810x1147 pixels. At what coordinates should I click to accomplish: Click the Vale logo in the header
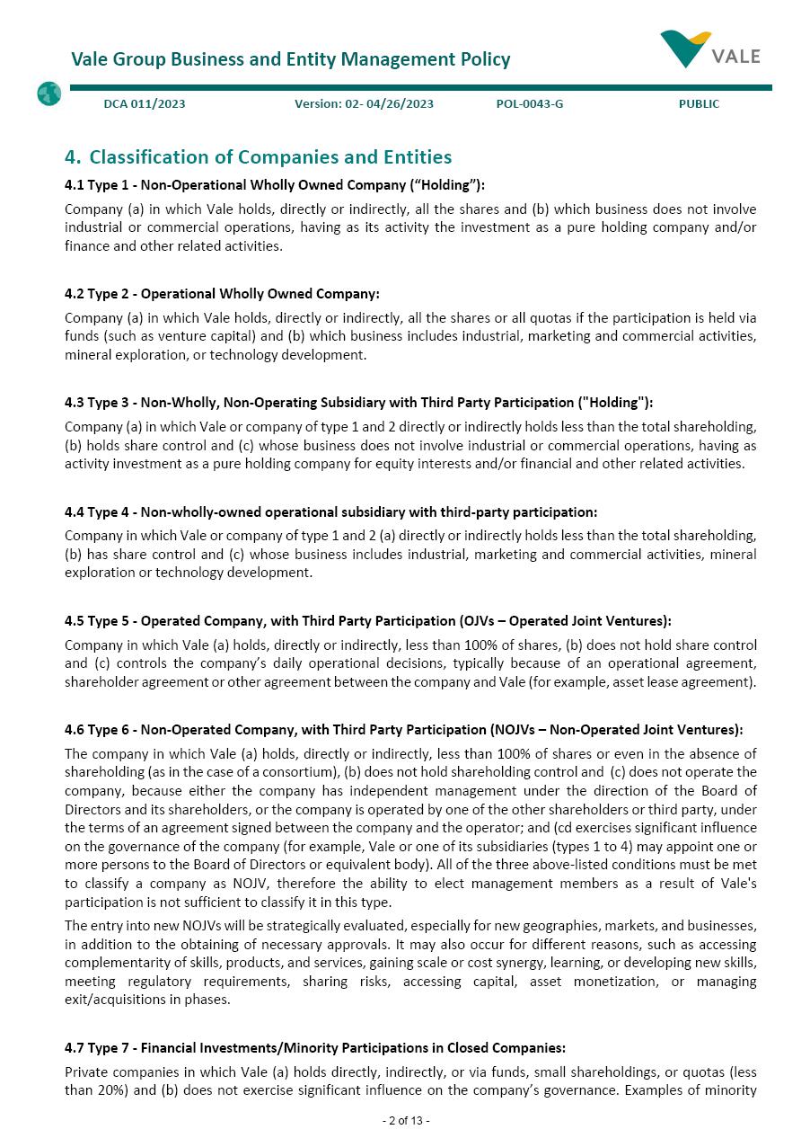tap(709, 49)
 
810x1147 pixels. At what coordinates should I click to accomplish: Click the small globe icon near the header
tap(48, 93)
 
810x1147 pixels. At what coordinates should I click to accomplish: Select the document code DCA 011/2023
tap(145, 104)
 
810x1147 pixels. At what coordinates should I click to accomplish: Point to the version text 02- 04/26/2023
tap(364, 104)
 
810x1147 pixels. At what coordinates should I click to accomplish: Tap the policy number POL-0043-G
tap(530, 104)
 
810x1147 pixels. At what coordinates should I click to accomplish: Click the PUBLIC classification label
tap(699, 104)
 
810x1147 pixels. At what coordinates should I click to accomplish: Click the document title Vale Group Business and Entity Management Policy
tap(290, 59)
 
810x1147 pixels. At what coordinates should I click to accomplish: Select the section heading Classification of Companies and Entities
tap(258, 157)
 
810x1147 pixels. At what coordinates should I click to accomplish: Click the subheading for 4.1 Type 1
tap(274, 185)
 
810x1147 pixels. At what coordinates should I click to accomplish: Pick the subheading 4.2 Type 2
tap(222, 294)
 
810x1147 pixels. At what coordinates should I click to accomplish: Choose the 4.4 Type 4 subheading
tap(330, 512)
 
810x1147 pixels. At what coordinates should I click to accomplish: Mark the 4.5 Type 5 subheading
tap(367, 621)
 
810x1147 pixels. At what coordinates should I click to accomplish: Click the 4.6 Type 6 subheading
tap(403, 730)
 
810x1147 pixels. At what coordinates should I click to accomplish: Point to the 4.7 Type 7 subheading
tap(314, 1048)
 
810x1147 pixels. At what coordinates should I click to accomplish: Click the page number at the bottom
tap(406, 1121)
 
